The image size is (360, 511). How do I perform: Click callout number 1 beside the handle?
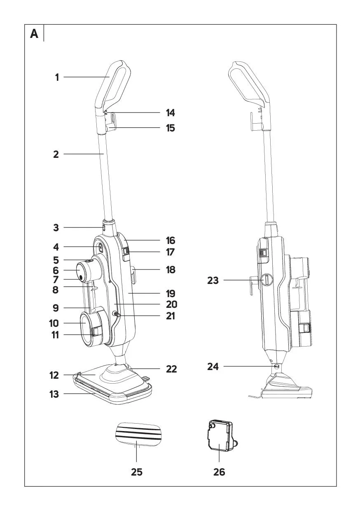[x=57, y=77]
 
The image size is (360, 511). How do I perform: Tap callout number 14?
[x=170, y=113]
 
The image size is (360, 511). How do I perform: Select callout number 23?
[x=213, y=281]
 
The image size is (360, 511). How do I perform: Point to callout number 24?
[x=213, y=366]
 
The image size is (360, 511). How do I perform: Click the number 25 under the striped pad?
[x=137, y=472]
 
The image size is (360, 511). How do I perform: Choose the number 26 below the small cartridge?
[x=219, y=472]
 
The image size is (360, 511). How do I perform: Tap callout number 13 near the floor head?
[x=54, y=394]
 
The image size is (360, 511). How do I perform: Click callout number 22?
[x=171, y=369]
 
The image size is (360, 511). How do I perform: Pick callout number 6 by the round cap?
[x=56, y=270]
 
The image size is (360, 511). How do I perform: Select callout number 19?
[x=171, y=294]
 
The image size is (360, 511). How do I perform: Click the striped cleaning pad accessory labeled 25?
[x=137, y=433]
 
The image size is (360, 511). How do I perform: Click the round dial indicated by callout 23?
[x=266, y=280]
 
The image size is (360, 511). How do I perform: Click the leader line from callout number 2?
[x=82, y=155]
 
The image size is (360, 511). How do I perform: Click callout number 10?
[x=54, y=323]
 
